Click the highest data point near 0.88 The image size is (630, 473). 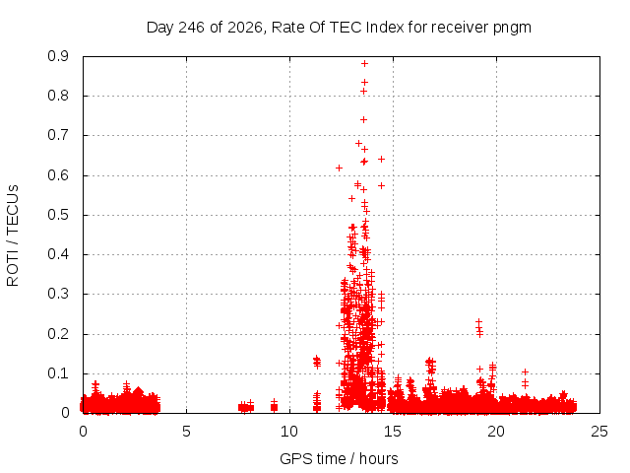click(x=364, y=63)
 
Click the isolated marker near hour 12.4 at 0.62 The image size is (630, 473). click(x=339, y=168)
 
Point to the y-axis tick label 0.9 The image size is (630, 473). click(x=58, y=56)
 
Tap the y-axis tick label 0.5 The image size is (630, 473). click(x=58, y=215)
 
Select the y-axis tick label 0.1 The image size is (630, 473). click(x=58, y=373)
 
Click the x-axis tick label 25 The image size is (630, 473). click(x=599, y=432)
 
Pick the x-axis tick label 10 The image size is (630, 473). click(x=289, y=432)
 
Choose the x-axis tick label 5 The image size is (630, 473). click(x=186, y=432)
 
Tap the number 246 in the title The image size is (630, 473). click(x=191, y=28)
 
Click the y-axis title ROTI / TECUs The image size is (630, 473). click(x=13, y=236)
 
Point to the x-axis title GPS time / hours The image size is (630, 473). click(x=339, y=458)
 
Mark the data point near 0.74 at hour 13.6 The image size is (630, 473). click(x=363, y=119)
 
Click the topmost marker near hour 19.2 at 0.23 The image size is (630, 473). click(x=478, y=322)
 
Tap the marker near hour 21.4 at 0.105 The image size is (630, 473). click(x=525, y=372)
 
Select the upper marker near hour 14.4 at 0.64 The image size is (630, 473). click(x=381, y=160)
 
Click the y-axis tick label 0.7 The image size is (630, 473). click(x=58, y=135)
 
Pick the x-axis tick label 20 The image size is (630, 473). click(x=496, y=432)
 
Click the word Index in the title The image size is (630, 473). click(x=385, y=28)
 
